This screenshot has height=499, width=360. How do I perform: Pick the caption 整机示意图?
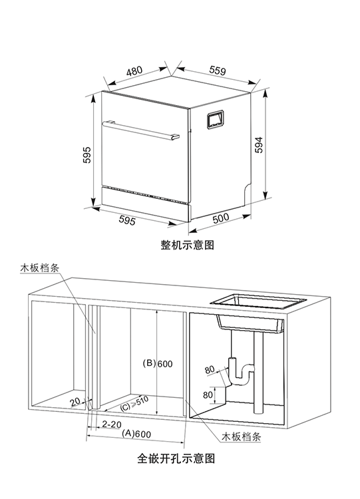pyautogui.click(x=187, y=244)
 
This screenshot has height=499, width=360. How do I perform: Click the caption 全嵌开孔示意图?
pyautogui.click(x=176, y=458)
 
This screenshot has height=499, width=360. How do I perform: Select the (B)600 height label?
pyautogui.click(x=158, y=363)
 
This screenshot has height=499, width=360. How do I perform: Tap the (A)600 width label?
pyautogui.click(x=137, y=434)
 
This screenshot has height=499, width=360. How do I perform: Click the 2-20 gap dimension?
pyautogui.click(x=111, y=424)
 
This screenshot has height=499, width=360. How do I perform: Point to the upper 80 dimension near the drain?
pyautogui.click(x=210, y=369)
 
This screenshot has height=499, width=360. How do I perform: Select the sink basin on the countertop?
pyautogui.click(x=256, y=305)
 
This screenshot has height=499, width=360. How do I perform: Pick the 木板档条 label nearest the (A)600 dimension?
pyautogui.click(x=241, y=436)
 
